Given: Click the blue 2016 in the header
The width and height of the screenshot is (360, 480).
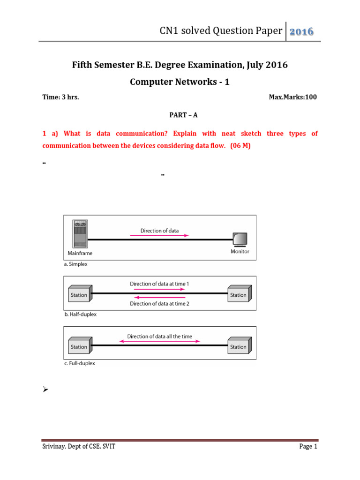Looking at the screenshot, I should (x=301, y=31).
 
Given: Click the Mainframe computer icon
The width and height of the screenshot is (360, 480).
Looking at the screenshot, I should (x=80, y=233).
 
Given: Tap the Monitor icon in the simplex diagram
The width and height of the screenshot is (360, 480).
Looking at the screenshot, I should (x=240, y=239).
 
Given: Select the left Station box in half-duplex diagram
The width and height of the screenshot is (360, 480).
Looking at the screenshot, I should (x=79, y=294).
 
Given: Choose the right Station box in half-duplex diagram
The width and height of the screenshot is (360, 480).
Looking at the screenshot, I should (x=239, y=294).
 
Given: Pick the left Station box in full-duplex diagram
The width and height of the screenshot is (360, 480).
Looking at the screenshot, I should (x=79, y=346).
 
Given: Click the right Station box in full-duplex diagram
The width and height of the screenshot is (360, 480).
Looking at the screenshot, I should (x=239, y=346).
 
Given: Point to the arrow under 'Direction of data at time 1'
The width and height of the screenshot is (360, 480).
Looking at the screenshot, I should (x=159, y=290).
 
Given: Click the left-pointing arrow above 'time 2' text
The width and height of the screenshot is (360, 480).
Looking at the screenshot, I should (x=159, y=297).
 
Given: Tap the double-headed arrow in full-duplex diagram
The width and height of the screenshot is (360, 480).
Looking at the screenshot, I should (x=159, y=342).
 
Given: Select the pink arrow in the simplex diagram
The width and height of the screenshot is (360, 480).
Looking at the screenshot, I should (x=159, y=236).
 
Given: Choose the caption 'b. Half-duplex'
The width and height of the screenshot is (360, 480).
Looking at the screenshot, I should (x=80, y=315).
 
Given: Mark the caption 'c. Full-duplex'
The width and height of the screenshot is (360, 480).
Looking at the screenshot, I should (x=79, y=363).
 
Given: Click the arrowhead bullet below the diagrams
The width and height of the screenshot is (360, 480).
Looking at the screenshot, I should (x=46, y=390).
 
